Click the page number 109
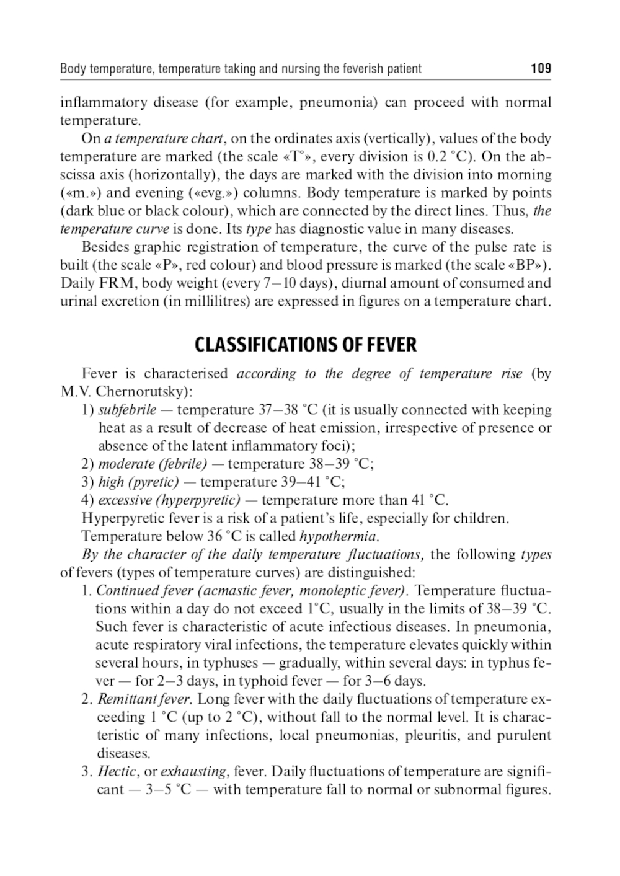click(x=541, y=69)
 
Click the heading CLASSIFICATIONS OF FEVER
click(x=306, y=345)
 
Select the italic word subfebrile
click(x=127, y=410)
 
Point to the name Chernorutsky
click(x=143, y=392)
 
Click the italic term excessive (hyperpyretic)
click(x=169, y=500)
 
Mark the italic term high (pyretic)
click(x=138, y=482)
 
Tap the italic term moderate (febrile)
click(x=153, y=464)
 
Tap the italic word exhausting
click(x=193, y=772)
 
